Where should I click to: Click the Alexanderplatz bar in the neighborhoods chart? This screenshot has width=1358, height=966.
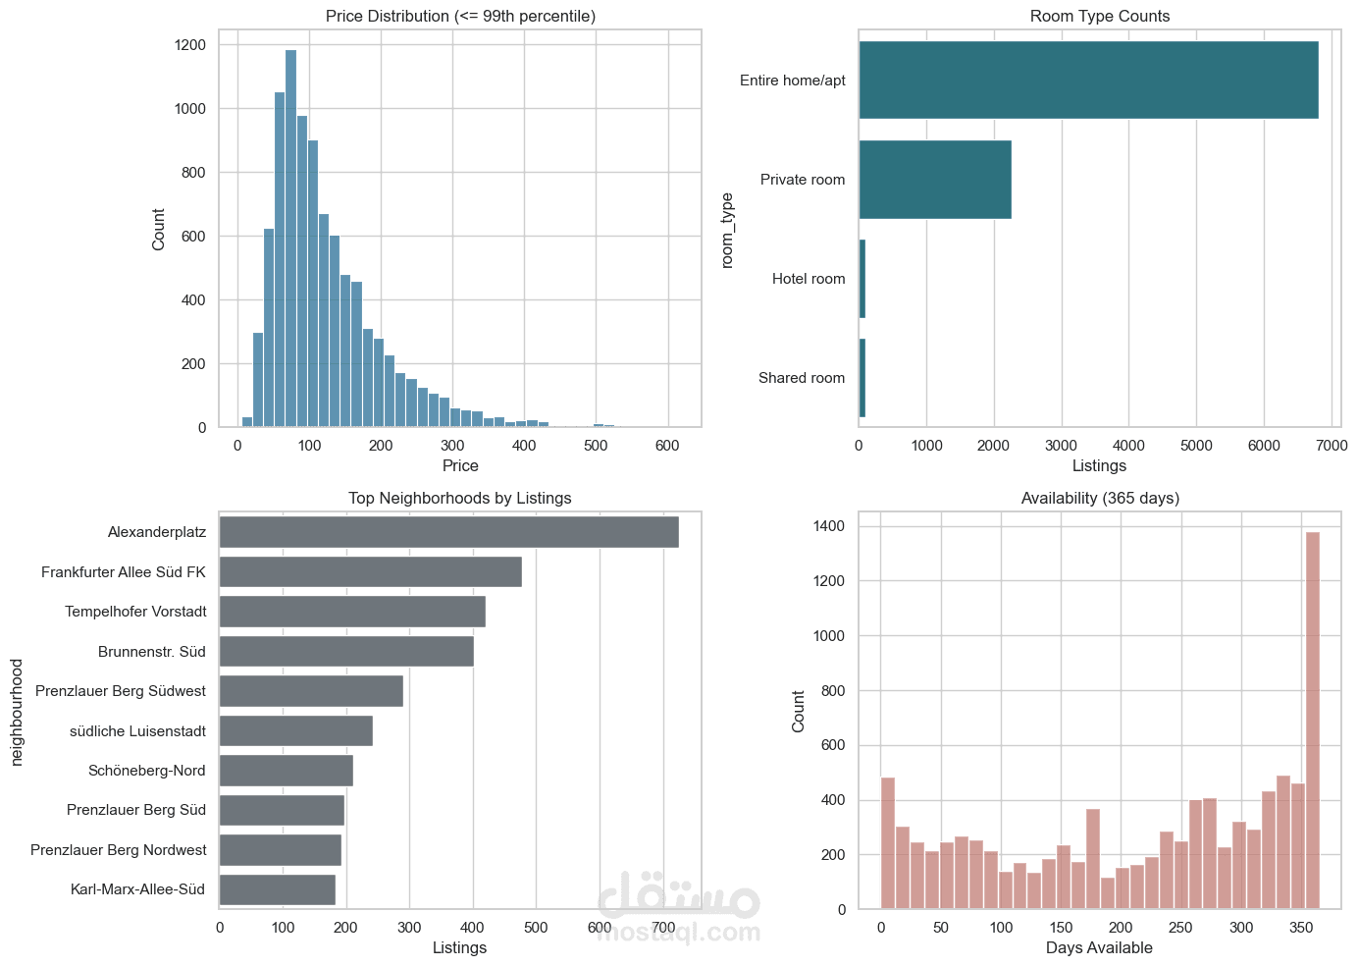448,532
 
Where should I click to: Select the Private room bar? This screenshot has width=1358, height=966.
934,180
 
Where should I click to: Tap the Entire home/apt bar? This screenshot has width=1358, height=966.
1088,80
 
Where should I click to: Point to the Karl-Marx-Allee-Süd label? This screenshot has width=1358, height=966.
137,889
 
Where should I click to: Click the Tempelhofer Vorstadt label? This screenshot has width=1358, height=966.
135,612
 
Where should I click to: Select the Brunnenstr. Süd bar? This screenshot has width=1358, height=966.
345,652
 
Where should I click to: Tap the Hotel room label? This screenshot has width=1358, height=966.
808,279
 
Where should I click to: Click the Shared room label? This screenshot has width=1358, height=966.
801,378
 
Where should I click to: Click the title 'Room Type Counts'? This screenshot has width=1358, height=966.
1099,16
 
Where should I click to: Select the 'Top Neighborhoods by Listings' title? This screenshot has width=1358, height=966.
459,498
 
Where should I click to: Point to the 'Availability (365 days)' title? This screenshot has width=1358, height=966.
1100,498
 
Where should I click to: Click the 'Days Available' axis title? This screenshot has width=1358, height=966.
1099,947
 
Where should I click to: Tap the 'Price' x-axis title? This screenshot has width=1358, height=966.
460,465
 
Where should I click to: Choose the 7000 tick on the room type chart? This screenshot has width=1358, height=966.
1332,445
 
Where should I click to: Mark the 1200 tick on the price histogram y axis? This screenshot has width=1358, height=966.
190,45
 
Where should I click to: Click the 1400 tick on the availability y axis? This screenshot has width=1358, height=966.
829,526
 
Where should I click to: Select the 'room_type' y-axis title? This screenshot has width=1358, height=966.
727,230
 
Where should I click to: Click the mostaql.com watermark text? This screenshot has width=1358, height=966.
678,932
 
